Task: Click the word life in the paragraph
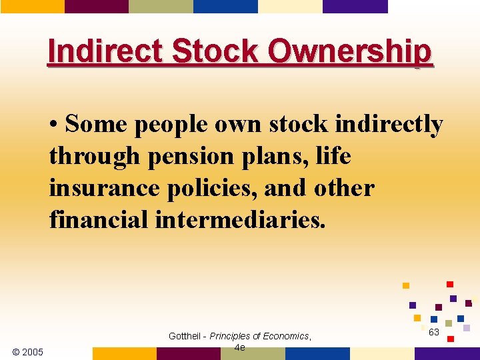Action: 333,157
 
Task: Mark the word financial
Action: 99,219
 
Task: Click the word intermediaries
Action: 241,219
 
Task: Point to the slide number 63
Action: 433,332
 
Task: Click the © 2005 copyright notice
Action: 28,352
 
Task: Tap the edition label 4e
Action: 240,347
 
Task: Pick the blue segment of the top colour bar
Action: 225,6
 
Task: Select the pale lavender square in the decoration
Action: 467,328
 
